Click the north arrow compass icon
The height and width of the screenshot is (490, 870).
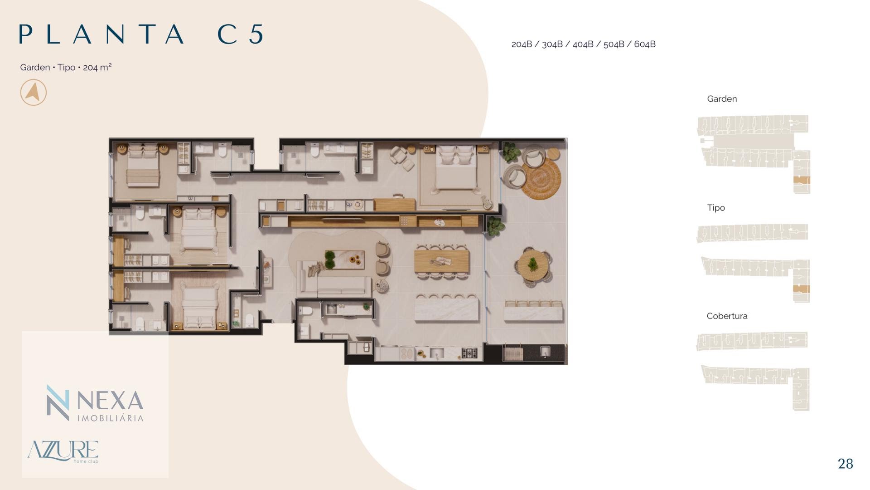click(34, 93)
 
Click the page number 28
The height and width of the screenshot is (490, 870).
click(846, 464)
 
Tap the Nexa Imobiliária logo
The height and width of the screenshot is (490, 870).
click(95, 403)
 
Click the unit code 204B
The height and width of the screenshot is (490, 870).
click(522, 44)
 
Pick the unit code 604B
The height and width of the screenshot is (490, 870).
click(645, 44)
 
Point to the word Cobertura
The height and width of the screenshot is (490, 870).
click(727, 316)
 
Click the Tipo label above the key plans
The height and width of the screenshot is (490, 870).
click(716, 208)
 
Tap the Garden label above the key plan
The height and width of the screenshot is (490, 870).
click(722, 99)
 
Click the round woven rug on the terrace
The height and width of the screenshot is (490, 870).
click(541, 177)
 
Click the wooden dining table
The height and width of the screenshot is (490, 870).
click(441, 262)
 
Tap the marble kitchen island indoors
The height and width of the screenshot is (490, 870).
click(447, 308)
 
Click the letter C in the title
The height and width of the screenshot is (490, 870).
click(228, 34)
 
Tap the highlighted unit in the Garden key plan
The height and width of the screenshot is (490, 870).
click(801, 180)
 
